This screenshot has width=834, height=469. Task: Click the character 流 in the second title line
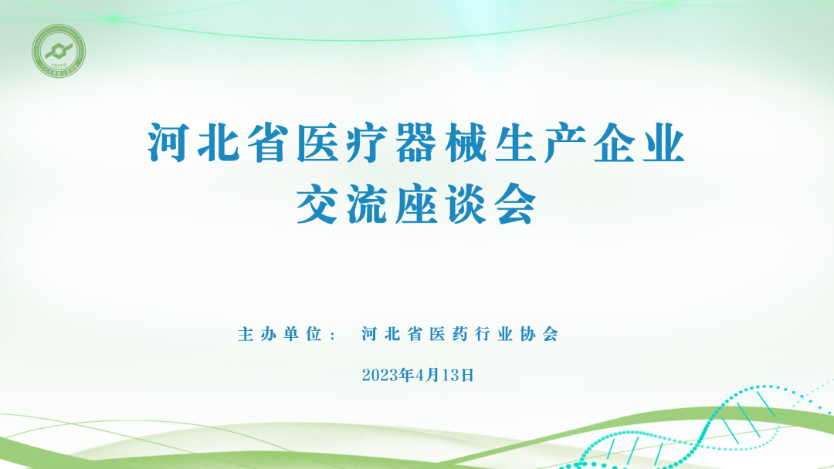(368, 203)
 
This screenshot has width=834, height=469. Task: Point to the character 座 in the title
(417, 203)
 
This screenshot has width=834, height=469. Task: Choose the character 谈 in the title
(466, 203)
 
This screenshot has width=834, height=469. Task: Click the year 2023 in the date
(378, 376)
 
